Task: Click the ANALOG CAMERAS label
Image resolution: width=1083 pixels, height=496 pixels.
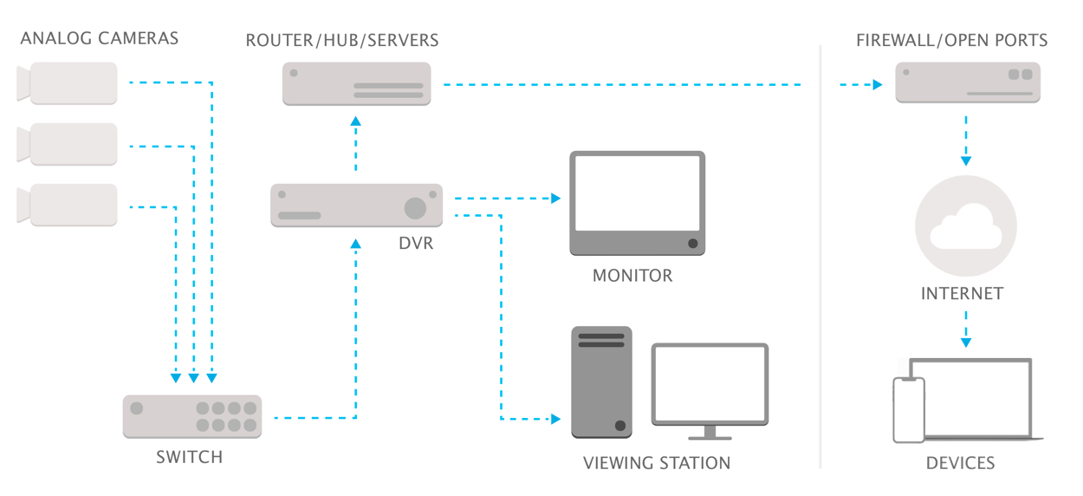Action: pyautogui.click(x=99, y=38)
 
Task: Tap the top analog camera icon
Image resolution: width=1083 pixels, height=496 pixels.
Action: pyautogui.click(x=68, y=83)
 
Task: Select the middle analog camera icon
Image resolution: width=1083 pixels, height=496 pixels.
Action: pyautogui.click(x=68, y=144)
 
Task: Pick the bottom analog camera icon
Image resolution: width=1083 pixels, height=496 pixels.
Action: pyautogui.click(x=68, y=205)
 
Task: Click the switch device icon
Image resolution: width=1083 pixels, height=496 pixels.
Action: pyautogui.click(x=192, y=416)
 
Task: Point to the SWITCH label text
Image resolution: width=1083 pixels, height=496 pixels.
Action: pyautogui.click(x=190, y=457)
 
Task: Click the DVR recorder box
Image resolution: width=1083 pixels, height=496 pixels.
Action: pyautogui.click(x=356, y=206)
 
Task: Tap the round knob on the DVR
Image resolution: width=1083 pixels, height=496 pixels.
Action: pyautogui.click(x=415, y=208)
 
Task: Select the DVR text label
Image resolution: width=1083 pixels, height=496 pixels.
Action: pyautogui.click(x=416, y=243)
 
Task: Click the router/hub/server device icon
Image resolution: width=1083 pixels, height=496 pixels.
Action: pyautogui.click(x=356, y=83)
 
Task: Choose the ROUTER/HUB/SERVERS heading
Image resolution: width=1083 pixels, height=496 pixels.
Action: pyautogui.click(x=342, y=40)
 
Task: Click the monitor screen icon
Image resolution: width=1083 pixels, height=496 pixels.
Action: pyautogui.click(x=637, y=203)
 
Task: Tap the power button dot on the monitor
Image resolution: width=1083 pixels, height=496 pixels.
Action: pyautogui.click(x=693, y=243)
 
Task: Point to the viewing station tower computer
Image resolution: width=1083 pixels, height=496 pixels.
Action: pyautogui.click(x=601, y=382)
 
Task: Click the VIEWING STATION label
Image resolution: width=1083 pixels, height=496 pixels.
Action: pyautogui.click(x=657, y=463)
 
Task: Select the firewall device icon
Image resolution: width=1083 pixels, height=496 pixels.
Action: pyautogui.click(x=968, y=82)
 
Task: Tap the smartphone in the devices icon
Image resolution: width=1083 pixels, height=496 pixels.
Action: pyautogui.click(x=909, y=410)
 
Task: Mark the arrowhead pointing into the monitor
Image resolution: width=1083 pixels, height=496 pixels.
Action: pyautogui.click(x=556, y=199)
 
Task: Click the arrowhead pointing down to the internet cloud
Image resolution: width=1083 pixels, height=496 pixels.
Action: pyautogui.click(x=966, y=161)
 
